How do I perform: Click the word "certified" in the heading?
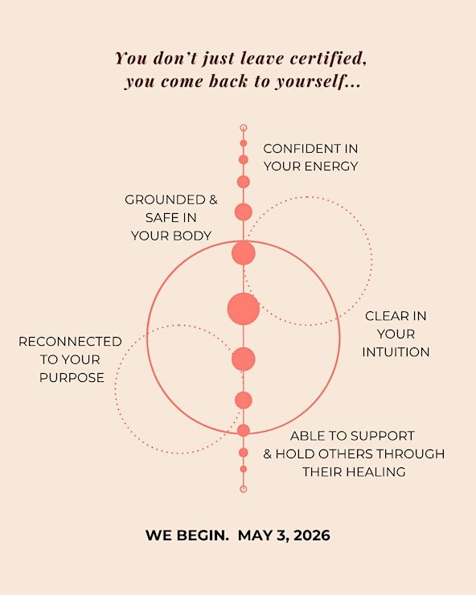click(x=328, y=58)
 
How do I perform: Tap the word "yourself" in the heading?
click(x=310, y=81)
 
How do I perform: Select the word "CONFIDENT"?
click(x=302, y=149)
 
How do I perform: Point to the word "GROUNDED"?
click(x=165, y=199)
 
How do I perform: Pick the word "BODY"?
click(x=192, y=236)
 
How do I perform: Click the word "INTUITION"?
click(x=396, y=352)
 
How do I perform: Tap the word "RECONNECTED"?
click(x=70, y=342)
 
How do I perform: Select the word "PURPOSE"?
click(x=72, y=378)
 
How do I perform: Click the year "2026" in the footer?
click(x=312, y=535)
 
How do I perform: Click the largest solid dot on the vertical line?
click(x=244, y=309)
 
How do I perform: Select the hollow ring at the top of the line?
click(x=244, y=128)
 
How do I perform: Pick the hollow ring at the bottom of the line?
click(x=244, y=489)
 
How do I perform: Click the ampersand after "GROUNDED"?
click(x=213, y=199)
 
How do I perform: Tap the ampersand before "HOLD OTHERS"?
click(x=268, y=453)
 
